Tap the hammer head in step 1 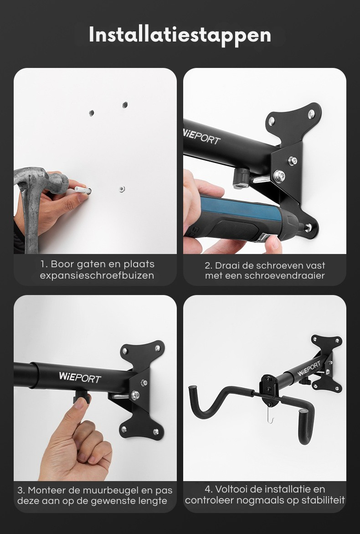[x=41, y=181]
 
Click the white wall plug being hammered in [x=83, y=190]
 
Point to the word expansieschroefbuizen [x=97, y=275]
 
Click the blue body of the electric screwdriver [x=238, y=206]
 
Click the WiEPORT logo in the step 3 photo [x=80, y=377]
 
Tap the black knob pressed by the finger [x=82, y=396]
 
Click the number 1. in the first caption [x=44, y=264]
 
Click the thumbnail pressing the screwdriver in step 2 [x=275, y=242]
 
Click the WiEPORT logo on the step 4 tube [x=309, y=369]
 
